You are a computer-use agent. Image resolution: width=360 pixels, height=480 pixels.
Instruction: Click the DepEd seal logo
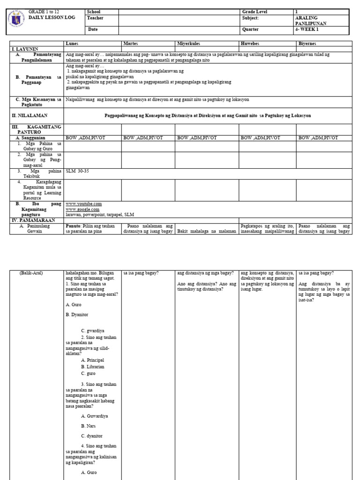click(x=18, y=22)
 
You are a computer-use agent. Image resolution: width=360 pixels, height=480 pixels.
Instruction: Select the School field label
click(x=94, y=12)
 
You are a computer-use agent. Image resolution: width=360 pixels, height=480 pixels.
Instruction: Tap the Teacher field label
click(x=95, y=18)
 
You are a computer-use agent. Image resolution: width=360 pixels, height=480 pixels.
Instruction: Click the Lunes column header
click(x=73, y=44)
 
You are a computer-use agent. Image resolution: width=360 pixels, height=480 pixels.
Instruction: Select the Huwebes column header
click(x=249, y=44)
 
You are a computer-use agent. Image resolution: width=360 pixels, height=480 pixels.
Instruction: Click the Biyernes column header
click(x=308, y=44)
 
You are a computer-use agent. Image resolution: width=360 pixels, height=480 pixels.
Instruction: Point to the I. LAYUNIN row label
click(x=25, y=49)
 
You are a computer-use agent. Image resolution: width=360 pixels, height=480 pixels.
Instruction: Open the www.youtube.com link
click(x=83, y=204)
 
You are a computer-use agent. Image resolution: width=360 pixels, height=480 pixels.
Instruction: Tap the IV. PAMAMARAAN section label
click(x=34, y=220)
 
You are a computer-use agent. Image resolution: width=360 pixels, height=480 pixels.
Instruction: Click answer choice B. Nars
click(x=89, y=426)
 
